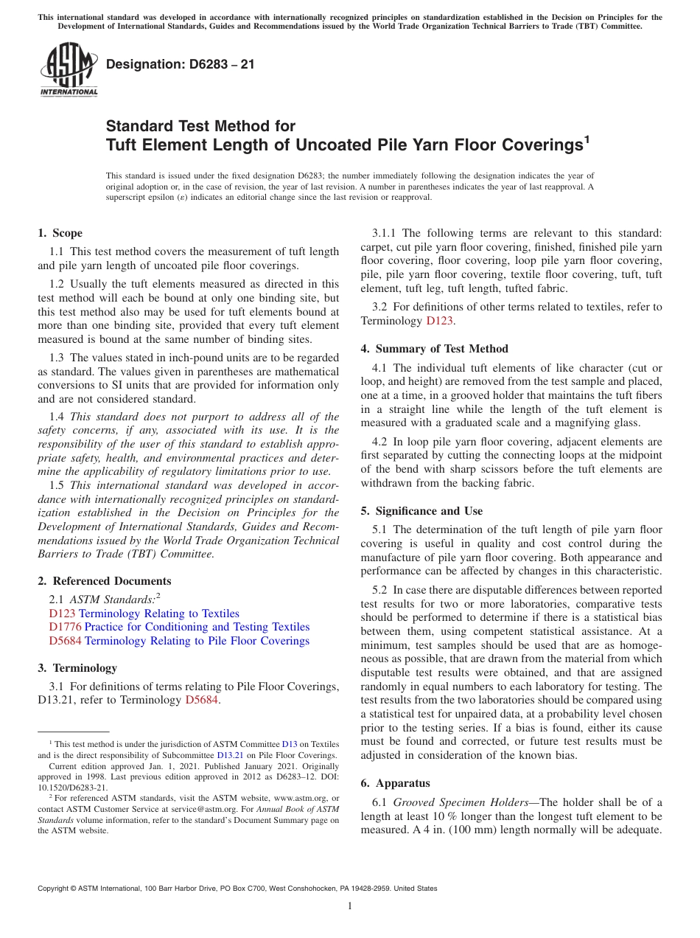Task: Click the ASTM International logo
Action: pos(69,69)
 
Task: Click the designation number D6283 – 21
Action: pos(181,64)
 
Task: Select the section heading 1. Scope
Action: pos(60,233)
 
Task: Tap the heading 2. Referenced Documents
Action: pos(105,581)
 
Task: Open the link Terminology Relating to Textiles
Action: pos(159,614)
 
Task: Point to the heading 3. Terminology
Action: pos(77,668)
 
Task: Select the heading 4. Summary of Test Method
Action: pos(435,349)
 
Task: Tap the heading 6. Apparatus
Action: pos(396,783)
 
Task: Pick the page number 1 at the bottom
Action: pos(350,906)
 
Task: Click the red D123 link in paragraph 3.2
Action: pos(439,321)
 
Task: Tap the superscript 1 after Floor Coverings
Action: pos(587,138)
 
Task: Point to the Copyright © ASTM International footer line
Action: pos(237,889)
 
